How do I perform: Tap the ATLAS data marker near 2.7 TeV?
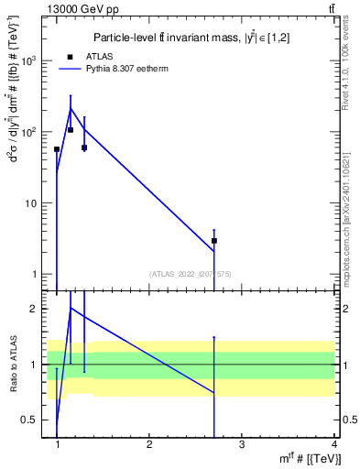(214, 241)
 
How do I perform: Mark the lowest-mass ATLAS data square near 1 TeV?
(57, 149)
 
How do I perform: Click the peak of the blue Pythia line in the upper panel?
(71, 109)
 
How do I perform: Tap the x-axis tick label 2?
(149, 444)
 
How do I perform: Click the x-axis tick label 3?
(242, 444)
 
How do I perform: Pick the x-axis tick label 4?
(333, 444)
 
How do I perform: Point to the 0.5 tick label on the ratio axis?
(28, 420)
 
